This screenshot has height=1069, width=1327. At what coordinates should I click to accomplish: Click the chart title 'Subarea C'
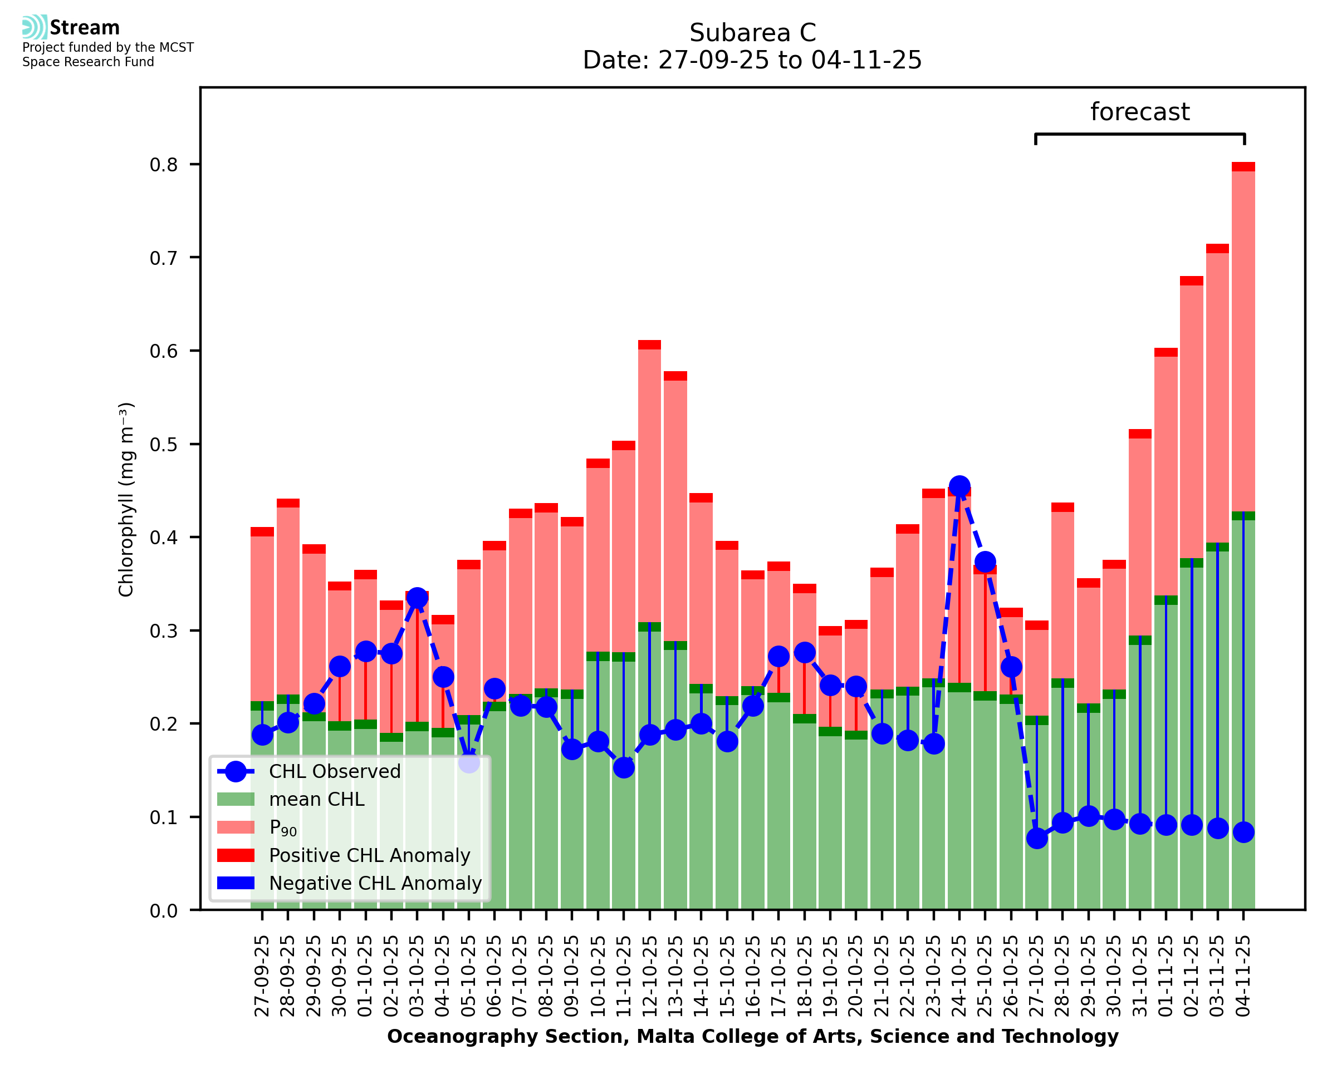tap(752, 33)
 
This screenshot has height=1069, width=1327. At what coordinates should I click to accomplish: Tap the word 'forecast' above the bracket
tap(1140, 112)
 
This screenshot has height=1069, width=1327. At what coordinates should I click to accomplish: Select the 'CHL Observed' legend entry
tap(335, 772)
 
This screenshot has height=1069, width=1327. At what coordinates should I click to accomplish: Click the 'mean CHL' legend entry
tap(317, 799)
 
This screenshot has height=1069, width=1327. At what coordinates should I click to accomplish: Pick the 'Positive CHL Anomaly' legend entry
tap(369, 855)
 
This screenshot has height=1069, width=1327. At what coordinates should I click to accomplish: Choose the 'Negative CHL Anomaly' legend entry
tap(375, 883)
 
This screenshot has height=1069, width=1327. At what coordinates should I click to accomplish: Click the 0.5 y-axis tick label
tap(163, 445)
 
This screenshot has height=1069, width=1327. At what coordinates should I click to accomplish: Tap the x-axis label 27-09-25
tap(262, 977)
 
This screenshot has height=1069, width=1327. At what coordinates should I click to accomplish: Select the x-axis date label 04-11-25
tap(1243, 977)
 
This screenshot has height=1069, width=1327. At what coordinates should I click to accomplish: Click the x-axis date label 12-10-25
tap(650, 977)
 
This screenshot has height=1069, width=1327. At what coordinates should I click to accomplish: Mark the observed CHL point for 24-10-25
tap(959, 486)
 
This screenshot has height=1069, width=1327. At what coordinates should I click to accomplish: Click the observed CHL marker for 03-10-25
tap(417, 598)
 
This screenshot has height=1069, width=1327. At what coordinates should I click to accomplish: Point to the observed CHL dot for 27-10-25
tap(1037, 838)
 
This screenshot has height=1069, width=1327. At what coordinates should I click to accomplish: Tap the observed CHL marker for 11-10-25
tap(624, 767)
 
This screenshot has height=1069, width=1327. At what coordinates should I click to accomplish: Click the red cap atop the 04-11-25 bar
tap(1243, 167)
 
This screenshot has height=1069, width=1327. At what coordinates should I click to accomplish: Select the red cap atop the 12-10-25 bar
tap(650, 345)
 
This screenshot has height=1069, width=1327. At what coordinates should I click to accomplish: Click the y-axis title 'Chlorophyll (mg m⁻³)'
tap(126, 499)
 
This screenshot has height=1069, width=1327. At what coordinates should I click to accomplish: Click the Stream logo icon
tap(35, 27)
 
